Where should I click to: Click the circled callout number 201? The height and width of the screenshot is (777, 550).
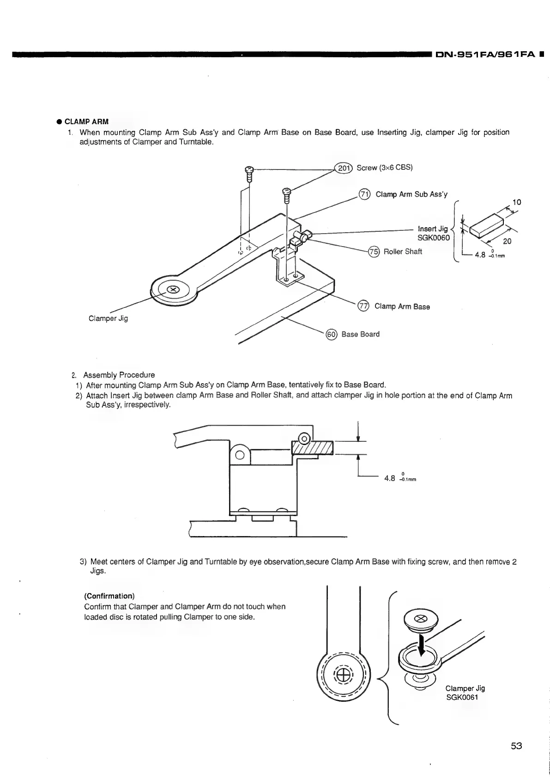343,168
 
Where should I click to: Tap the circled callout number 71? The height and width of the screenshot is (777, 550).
364,194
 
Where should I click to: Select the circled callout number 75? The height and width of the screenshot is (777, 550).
373,252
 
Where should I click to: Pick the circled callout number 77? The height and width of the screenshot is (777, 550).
364,306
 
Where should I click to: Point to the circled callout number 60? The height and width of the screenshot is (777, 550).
332,334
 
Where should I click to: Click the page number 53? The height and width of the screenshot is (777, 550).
516,746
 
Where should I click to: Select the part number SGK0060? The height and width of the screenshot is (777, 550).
434,237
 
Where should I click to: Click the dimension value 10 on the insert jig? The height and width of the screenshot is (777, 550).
517,202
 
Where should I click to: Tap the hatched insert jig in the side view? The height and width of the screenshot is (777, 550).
313,447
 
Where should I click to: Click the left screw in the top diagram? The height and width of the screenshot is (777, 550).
249,173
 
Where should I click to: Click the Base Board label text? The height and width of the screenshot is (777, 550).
360,334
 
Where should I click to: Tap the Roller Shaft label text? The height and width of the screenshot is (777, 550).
403,252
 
